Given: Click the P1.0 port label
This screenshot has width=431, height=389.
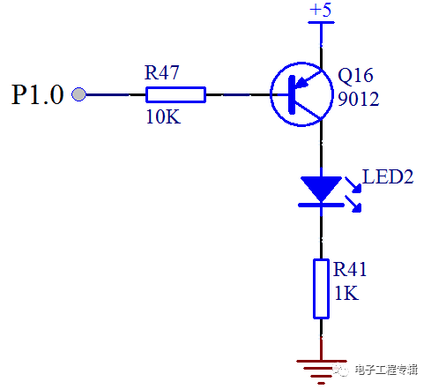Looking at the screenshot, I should (x=37, y=95).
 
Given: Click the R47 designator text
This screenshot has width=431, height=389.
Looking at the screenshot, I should (x=162, y=73).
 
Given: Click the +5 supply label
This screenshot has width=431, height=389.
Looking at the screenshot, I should (x=320, y=11).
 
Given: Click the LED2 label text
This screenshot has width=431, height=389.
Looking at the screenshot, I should (x=388, y=176).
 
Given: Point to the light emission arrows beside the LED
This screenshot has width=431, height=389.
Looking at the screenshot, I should (x=354, y=194).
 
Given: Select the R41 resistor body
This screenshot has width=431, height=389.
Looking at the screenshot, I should (x=320, y=288).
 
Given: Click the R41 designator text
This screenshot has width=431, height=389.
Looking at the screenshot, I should (x=349, y=271).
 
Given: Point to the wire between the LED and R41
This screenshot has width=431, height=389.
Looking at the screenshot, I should (x=320, y=234).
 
